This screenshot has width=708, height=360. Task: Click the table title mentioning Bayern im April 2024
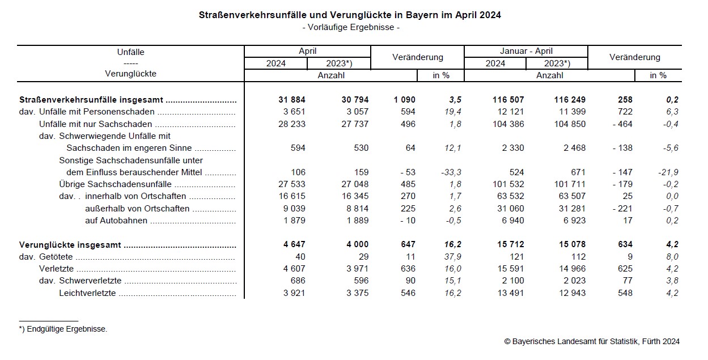[350, 15]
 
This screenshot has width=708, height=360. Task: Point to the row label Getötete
[57, 257]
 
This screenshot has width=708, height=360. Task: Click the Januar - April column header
[526, 52]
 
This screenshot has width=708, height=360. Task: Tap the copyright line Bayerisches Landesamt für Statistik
[592, 341]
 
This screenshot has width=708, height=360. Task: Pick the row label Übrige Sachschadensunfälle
[116, 184]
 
